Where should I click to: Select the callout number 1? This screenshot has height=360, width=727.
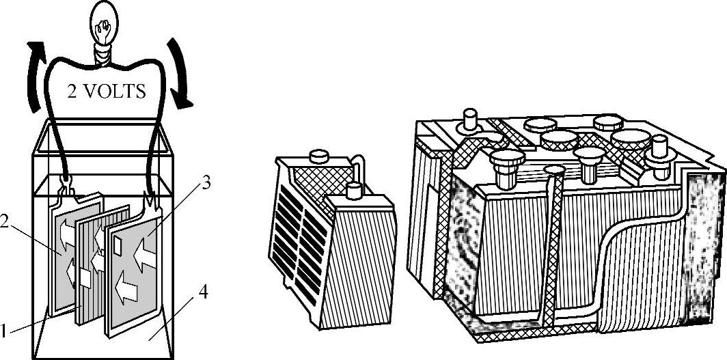coord(3,332)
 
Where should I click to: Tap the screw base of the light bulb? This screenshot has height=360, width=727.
coord(105,55)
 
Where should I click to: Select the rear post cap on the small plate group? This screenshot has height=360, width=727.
coord(318,156)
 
